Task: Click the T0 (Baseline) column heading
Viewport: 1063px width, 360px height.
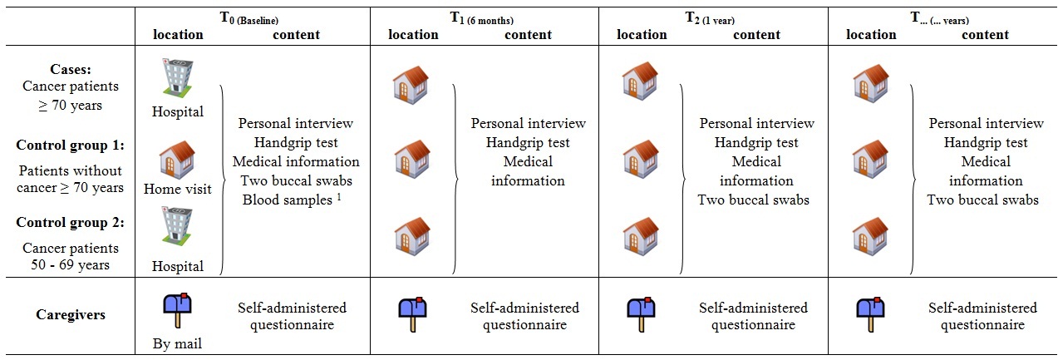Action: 249,18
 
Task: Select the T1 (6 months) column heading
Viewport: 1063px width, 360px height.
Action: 482,18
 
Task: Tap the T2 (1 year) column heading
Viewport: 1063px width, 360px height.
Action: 710,18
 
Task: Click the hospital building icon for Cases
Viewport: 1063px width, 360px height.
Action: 177,78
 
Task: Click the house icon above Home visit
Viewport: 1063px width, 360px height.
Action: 177,160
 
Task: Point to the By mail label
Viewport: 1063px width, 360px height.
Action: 177,343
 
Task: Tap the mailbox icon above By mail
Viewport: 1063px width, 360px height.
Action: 178,310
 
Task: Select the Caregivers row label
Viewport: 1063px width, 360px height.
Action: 71,314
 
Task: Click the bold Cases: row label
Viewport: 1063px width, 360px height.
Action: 71,69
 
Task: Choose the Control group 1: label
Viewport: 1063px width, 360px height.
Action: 71,145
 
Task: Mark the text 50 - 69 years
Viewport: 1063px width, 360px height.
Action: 71,264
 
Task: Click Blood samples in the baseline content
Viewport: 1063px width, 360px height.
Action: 287,200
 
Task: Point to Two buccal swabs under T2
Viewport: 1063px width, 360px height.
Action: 754,200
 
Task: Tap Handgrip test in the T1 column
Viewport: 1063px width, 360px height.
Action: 528,142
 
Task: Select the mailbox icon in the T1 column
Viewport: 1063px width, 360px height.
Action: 412,314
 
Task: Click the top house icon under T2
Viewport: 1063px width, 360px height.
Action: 641,81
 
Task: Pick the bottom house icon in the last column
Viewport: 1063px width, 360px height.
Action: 870,236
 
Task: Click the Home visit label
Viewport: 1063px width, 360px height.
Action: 178,189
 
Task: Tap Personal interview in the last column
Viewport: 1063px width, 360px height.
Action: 987,124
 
